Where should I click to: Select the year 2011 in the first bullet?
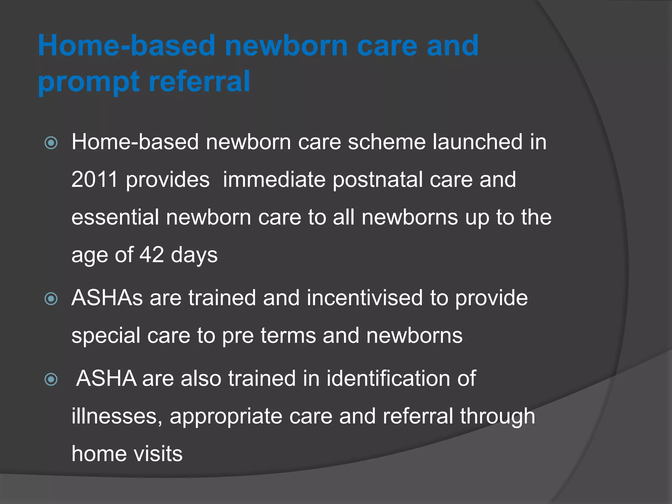pos(94,179)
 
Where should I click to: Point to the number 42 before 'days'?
pos(152,255)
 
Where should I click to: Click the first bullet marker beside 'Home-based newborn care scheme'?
pos(51,143)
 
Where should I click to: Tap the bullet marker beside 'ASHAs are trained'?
pos(51,299)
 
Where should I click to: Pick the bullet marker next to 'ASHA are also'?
pos(51,380)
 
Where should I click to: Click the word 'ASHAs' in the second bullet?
pos(107,298)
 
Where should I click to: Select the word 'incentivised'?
pos(365,298)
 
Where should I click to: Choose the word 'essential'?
pos(115,217)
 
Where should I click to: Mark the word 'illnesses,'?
pos(117,416)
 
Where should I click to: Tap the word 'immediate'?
pos(274,180)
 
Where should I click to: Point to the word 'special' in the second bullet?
pos(106,336)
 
